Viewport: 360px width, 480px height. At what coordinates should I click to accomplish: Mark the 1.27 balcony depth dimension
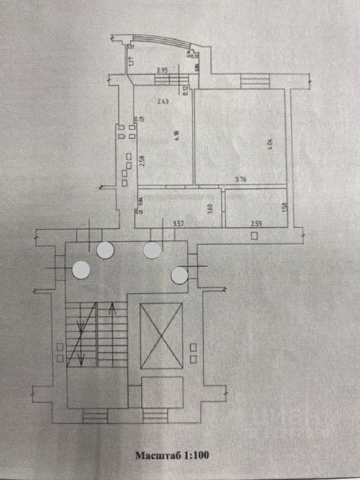(131, 61)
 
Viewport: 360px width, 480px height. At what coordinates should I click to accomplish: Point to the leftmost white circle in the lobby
(81, 270)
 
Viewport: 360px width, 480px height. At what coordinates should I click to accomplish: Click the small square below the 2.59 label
(255, 235)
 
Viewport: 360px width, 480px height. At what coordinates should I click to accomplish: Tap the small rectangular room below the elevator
(162, 393)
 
